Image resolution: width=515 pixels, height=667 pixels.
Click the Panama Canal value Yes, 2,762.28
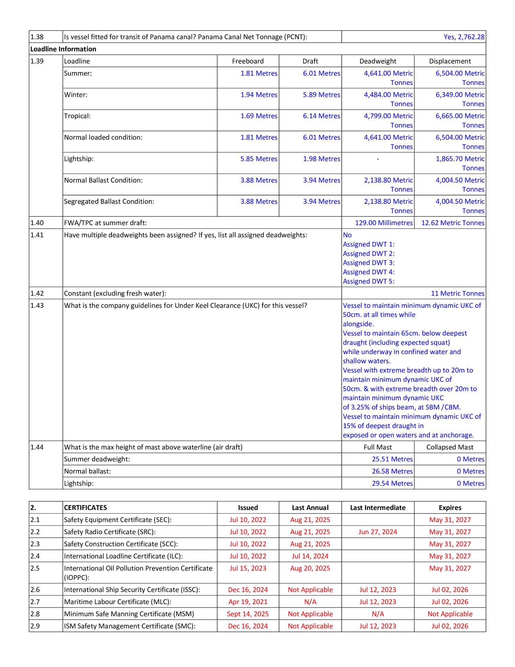[x=464, y=37]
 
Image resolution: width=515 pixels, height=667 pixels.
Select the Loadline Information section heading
[x=63, y=49]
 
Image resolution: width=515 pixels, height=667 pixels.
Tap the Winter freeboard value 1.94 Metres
[x=259, y=95]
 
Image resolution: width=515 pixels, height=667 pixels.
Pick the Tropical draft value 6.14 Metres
[x=321, y=116]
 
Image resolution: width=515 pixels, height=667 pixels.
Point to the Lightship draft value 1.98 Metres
[x=321, y=159]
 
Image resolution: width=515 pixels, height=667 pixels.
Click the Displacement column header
[x=450, y=61]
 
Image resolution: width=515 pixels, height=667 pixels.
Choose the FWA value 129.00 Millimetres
[x=384, y=223]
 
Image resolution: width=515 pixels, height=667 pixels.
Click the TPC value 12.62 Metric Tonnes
[x=453, y=223]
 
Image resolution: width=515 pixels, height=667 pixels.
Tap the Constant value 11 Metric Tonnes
[x=457, y=293]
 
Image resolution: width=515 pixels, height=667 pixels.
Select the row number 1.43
[x=37, y=305]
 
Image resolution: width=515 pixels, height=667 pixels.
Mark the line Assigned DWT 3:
[x=369, y=263]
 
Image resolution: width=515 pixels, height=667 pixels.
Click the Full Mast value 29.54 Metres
[x=392, y=483]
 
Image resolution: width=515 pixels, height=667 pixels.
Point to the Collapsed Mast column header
[x=450, y=447]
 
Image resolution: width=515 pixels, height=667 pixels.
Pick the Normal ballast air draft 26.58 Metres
[x=392, y=471]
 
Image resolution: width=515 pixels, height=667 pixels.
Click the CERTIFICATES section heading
[x=85, y=508]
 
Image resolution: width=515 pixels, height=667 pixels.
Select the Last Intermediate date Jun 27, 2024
[x=378, y=532]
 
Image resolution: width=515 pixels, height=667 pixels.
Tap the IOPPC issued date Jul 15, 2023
[x=248, y=568]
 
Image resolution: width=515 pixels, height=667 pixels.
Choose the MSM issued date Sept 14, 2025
[x=248, y=614]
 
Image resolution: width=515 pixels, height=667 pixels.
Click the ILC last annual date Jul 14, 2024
[x=310, y=556]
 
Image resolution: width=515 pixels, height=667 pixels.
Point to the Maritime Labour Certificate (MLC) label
[x=117, y=602]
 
